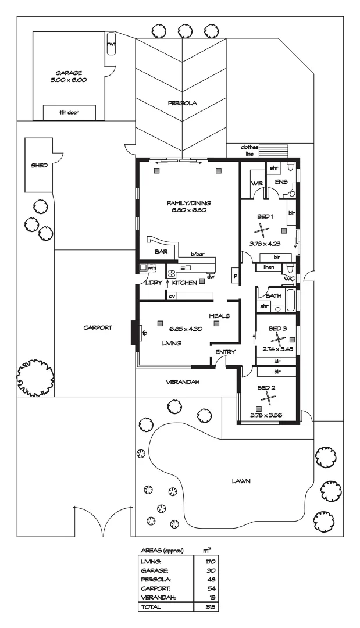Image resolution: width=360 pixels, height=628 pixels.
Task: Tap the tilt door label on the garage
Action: coord(69,113)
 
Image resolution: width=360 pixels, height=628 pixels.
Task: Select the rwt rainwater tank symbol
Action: coord(111,45)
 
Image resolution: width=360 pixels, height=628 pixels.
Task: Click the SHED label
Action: coord(39,165)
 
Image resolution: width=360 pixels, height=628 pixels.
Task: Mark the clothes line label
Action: coord(249,151)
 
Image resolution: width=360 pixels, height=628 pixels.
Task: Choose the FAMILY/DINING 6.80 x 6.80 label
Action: coord(188,206)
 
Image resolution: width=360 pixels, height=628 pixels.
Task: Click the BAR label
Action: coord(161,251)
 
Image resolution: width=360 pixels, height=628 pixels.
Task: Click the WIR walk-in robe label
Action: coord(256,184)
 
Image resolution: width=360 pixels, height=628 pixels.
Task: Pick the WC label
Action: coord(289,279)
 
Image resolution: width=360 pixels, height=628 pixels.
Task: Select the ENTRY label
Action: coord(224,352)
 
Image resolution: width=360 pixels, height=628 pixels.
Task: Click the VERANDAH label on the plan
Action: coord(183,382)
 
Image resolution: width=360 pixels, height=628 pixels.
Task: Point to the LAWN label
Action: coord(241,481)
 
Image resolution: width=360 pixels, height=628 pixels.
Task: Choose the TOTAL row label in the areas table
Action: coord(153,605)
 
